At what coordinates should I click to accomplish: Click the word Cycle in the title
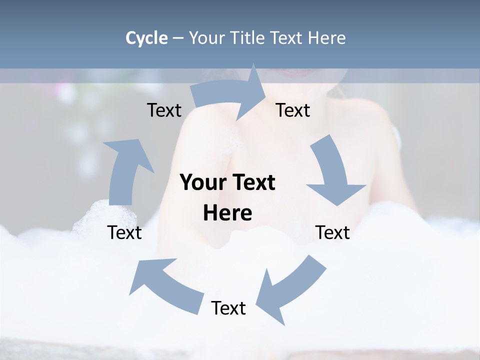146,38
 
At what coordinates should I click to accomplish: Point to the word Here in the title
327,38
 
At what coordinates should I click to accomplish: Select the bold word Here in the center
227,213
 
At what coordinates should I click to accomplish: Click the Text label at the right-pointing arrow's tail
164,110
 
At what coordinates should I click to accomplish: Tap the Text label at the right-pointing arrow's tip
293,110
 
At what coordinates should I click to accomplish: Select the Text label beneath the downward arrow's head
332,232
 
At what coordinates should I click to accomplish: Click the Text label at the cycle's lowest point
228,308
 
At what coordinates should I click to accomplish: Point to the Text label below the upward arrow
124,232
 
